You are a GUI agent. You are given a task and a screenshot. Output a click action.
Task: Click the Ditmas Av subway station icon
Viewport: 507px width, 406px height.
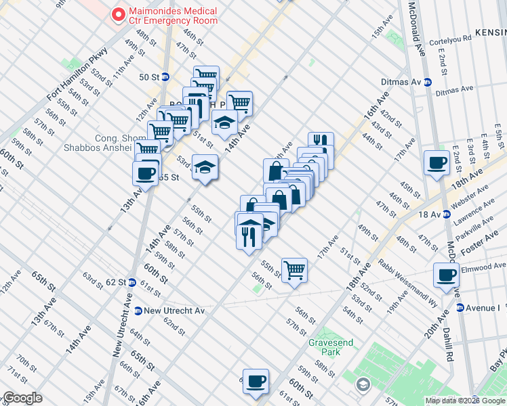(428, 82)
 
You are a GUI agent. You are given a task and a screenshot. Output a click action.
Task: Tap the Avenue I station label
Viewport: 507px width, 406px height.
(483, 308)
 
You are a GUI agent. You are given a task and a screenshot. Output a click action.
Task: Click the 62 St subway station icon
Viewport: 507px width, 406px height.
(131, 281)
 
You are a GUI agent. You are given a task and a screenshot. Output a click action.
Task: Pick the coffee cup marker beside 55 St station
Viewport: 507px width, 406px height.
(146, 173)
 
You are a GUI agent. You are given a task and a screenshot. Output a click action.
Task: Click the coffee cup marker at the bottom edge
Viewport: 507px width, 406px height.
(256, 381)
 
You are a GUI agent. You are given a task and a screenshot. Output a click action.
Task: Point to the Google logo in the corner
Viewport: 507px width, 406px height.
(22, 399)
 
